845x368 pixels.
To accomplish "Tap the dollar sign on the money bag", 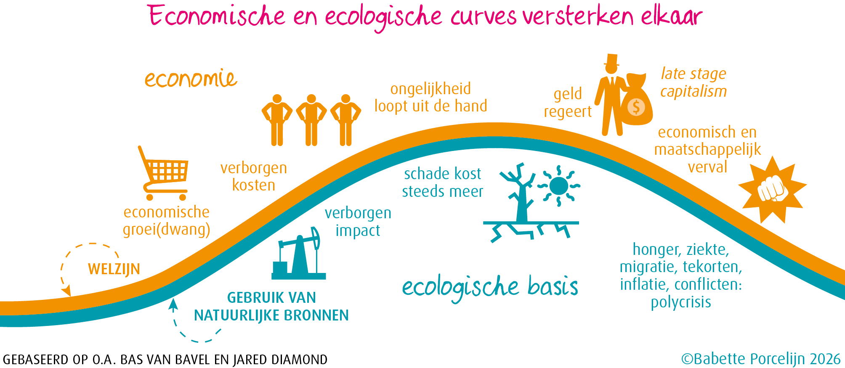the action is [636, 107].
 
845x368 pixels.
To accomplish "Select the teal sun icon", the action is [559, 186].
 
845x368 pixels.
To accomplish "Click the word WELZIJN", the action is [114, 269].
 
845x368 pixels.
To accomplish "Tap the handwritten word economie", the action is [191, 79].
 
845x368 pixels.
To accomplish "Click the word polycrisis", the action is [681, 302].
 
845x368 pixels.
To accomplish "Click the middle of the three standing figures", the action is [311, 120].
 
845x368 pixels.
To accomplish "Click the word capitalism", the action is [694, 91].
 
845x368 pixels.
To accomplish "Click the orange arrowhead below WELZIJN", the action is [66, 290].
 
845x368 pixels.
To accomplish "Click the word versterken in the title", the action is [578, 17].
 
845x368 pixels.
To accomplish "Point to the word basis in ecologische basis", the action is [553, 286].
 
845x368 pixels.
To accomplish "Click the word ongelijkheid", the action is [430, 89].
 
